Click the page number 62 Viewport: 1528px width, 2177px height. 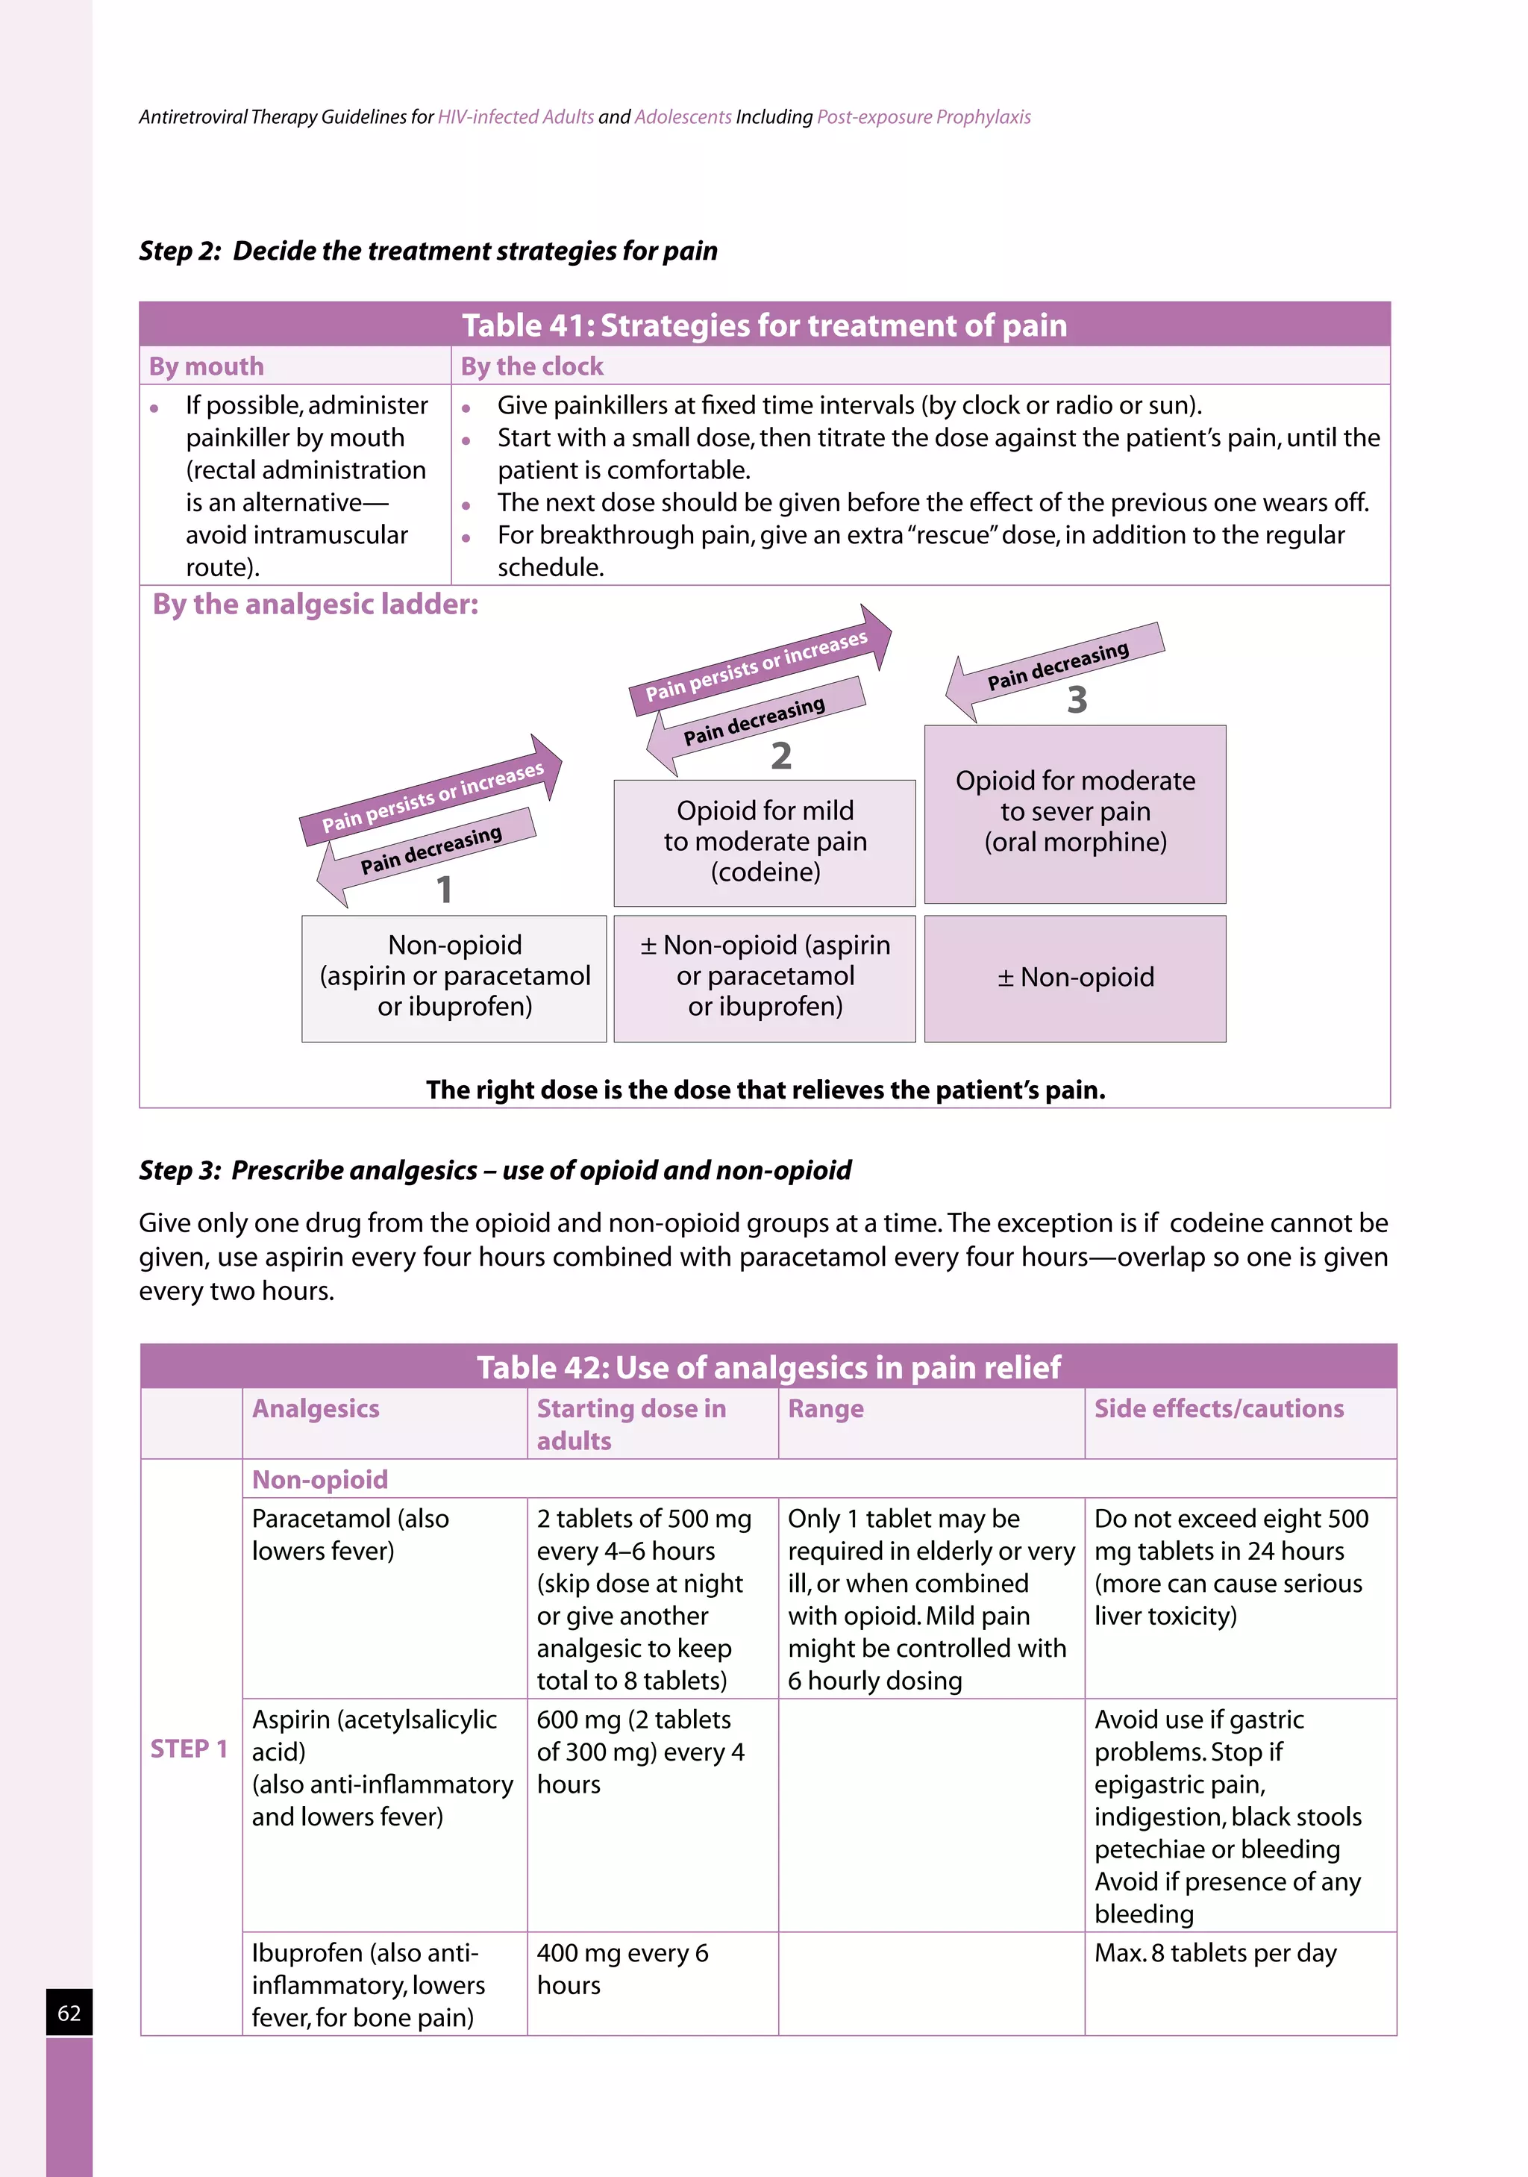pyautogui.click(x=69, y=2012)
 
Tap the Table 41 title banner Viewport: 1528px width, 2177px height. pyautogui.click(x=764, y=325)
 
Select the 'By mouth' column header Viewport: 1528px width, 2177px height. pyautogui.click(x=207, y=366)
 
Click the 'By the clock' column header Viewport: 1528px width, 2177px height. pyautogui.click(x=532, y=366)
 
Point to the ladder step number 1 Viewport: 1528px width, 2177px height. pyautogui.click(x=444, y=890)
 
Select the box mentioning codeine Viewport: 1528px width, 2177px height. pyautogui.click(x=764, y=842)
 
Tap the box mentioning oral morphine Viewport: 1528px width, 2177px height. pyautogui.click(x=1075, y=813)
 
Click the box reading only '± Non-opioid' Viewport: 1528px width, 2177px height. pyautogui.click(x=1075, y=978)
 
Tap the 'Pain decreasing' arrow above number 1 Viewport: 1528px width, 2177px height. pyautogui.click(x=427, y=852)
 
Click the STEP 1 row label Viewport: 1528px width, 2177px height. pyautogui.click(x=190, y=1749)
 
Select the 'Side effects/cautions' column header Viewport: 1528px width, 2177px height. pyautogui.click(x=1219, y=1409)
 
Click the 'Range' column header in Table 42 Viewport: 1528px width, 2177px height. pyautogui.click(x=826, y=1409)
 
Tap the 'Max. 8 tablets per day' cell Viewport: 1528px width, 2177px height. pyautogui.click(x=1215, y=1953)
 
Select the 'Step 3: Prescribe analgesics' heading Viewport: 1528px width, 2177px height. pyautogui.click(x=495, y=1170)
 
